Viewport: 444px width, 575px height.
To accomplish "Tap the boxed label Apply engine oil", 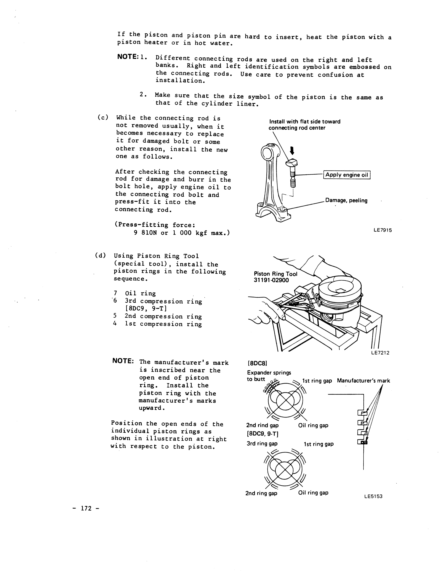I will pos(347,175).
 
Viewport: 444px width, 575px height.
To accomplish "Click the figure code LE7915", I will pos(382,230).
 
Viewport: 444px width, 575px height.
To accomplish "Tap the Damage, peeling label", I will pos(346,201).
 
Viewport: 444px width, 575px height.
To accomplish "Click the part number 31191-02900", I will pos(271,280).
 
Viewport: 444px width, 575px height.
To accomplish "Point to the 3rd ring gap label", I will pos(262,444).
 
